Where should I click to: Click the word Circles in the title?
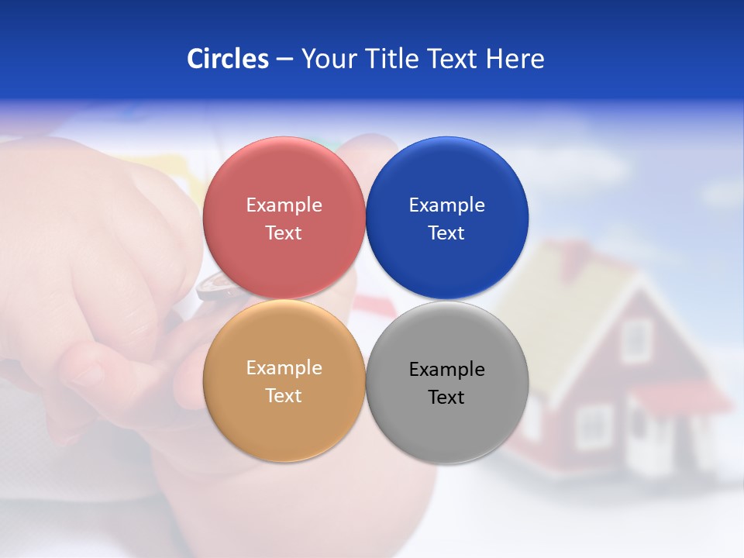[x=228, y=59]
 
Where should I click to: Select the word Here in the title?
[x=515, y=59]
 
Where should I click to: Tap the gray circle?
[x=446, y=430]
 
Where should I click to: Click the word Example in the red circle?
[x=284, y=205]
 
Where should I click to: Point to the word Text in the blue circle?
[x=446, y=233]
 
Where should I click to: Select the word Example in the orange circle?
[x=284, y=367]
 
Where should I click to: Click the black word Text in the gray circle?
[x=446, y=398]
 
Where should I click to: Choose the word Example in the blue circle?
[x=446, y=205]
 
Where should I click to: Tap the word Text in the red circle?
[x=284, y=233]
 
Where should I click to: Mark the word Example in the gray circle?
[x=446, y=369]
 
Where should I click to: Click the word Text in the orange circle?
[x=284, y=396]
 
